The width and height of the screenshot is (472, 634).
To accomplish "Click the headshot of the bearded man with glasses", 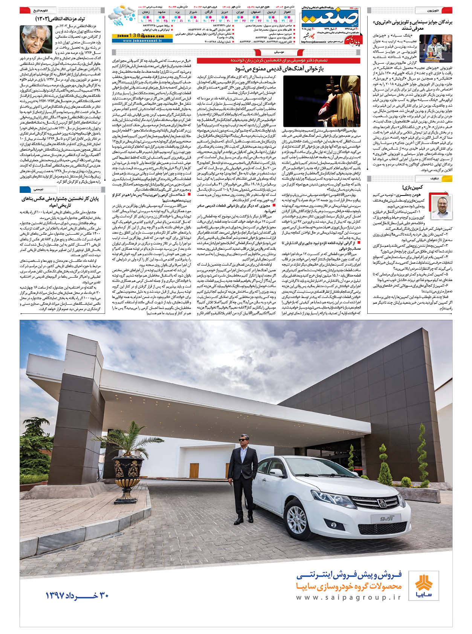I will (441, 208).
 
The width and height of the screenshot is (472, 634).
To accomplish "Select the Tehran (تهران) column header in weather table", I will (240, 12).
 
